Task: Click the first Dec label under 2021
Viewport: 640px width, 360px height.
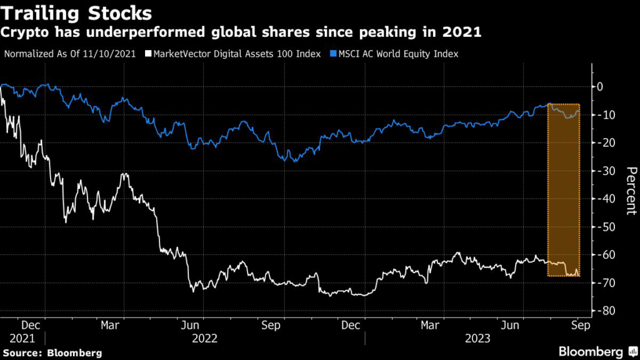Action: pyautogui.click(x=32, y=325)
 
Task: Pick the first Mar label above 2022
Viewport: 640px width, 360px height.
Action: pyautogui.click(x=111, y=325)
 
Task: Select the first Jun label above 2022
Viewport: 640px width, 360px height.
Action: pyautogui.click(x=191, y=325)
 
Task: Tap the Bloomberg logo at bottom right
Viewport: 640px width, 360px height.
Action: pyautogui.click(x=591, y=351)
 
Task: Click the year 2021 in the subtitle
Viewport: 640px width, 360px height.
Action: pyautogui.click(x=462, y=33)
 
